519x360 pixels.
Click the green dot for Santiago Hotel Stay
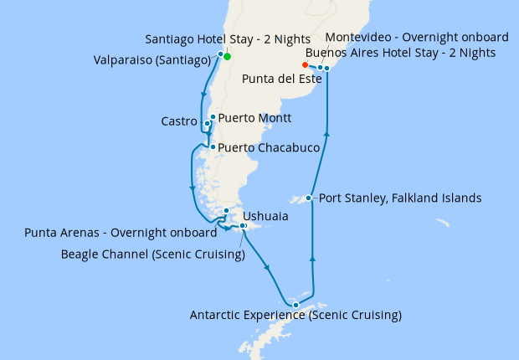click(227, 57)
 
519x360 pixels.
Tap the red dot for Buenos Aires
click(305, 64)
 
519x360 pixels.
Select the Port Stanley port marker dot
click(310, 198)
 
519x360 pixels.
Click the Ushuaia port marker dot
click(243, 226)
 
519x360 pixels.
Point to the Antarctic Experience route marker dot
click(295, 305)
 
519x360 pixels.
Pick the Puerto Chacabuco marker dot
click(213, 147)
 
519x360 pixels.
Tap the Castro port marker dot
click(207, 124)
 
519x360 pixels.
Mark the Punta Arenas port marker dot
click(226, 211)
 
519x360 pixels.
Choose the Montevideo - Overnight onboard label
click(416, 38)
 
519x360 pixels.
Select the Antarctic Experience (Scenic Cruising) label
click(295, 316)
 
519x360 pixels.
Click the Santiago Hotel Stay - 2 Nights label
click(228, 39)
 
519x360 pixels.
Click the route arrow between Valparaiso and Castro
click(203, 94)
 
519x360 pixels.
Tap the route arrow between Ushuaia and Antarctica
click(268, 267)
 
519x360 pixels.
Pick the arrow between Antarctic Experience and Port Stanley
click(312, 260)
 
